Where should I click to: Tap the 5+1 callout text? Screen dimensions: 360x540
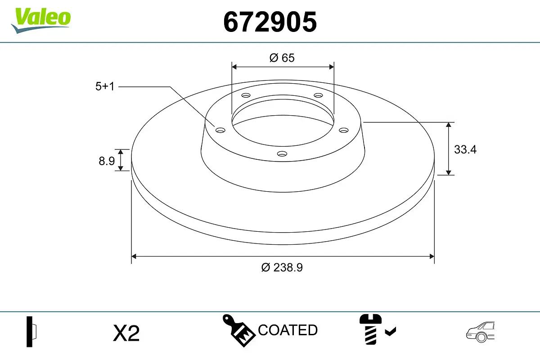pyautogui.click(x=105, y=86)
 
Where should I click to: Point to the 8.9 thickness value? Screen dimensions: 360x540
pyautogui.click(x=107, y=161)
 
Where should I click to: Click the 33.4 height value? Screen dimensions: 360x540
pyautogui.click(x=465, y=150)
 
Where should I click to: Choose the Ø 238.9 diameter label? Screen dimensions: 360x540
pyautogui.click(x=282, y=267)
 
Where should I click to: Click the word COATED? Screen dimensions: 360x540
pyautogui.click(x=288, y=330)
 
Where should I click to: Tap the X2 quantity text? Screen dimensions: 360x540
pyautogui.click(x=126, y=334)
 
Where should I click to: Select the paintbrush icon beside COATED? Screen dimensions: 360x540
pyautogui.click(x=238, y=330)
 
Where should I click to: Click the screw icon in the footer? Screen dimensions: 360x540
pyautogui.click(x=369, y=329)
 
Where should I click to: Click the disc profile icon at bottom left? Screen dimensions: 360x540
pyautogui.click(x=31, y=332)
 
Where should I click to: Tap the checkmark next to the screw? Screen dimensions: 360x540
pyautogui.click(x=390, y=332)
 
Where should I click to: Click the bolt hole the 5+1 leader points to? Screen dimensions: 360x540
pyautogui.click(x=220, y=130)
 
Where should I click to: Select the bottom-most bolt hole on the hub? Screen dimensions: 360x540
pyautogui.click(x=282, y=154)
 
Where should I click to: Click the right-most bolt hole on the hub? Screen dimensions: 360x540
pyautogui.click(x=344, y=130)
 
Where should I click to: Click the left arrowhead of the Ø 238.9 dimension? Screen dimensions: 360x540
pyautogui.click(x=134, y=256)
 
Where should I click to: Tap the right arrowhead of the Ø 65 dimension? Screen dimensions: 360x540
pyautogui.click(x=332, y=67)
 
